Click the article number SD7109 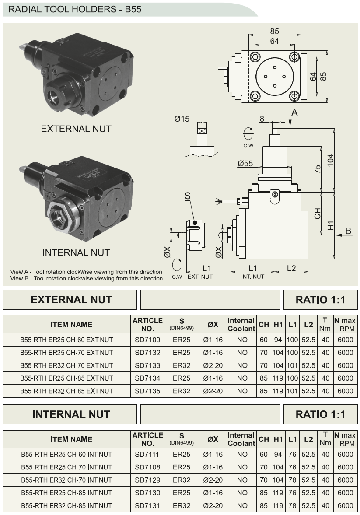point(147,340)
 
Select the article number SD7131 point(147,506)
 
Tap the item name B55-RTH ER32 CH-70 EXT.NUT point(66,365)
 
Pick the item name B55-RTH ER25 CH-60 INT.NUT point(66,455)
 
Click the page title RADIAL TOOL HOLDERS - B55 point(75,9)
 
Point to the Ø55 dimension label point(245,163)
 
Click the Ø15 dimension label point(182,119)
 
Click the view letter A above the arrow point(295,113)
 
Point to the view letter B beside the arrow point(348,231)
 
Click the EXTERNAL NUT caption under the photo point(76,129)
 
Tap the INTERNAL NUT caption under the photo point(76,252)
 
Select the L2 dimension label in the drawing point(291,268)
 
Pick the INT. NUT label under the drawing point(253,277)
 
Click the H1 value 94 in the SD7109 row point(278,340)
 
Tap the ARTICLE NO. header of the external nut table point(147,324)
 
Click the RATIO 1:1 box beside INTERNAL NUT point(320,414)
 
